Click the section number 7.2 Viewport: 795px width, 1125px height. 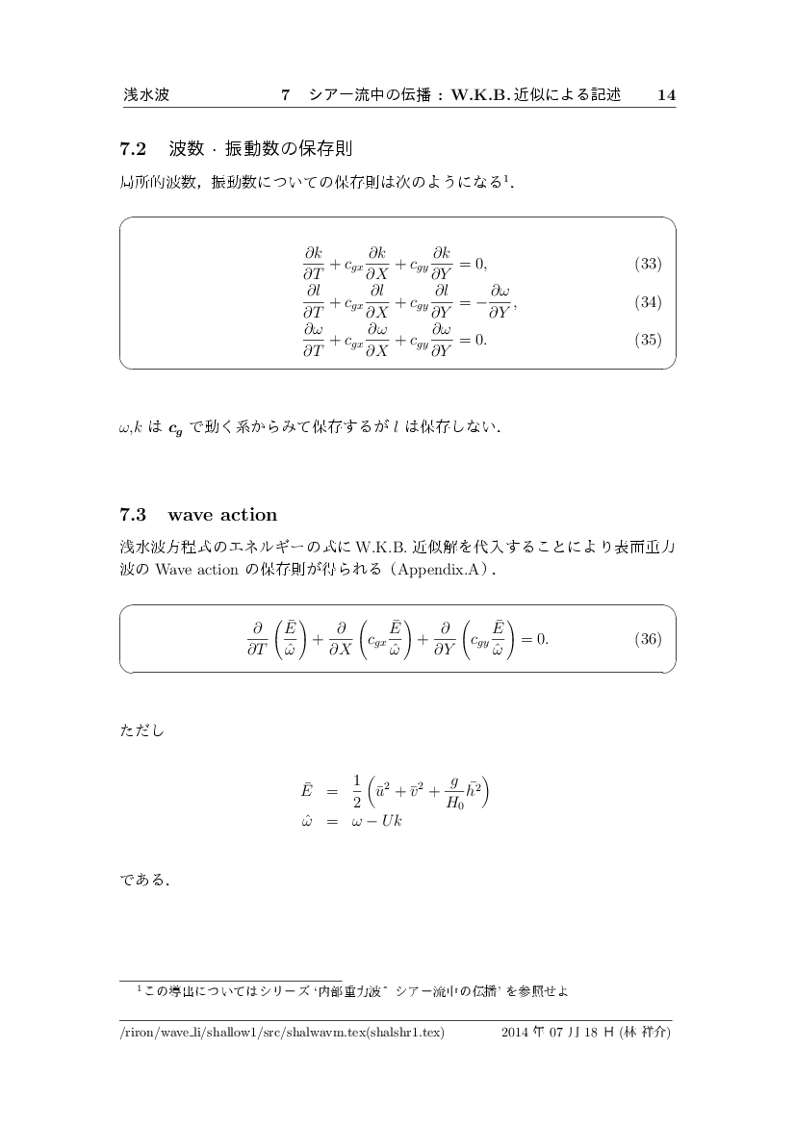(x=132, y=149)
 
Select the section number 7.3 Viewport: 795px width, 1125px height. (x=132, y=514)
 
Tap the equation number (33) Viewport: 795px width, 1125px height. (x=648, y=264)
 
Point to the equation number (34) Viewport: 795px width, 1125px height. (x=648, y=302)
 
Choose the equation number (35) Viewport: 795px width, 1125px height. (x=648, y=340)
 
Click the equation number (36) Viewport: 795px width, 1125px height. (x=648, y=639)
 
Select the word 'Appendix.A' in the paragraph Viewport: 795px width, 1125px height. (x=442, y=570)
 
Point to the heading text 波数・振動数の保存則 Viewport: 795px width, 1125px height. (x=260, y=149)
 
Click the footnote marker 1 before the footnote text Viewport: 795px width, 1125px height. (x=140, y=986)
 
